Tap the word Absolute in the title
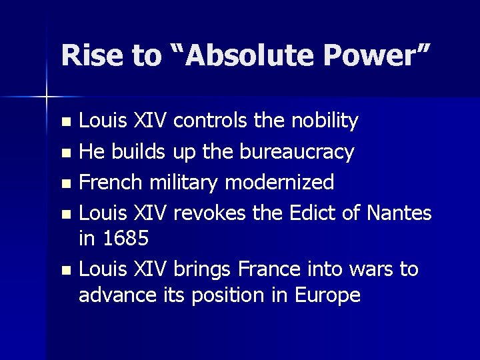pos(237,57)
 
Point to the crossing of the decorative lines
pos(47,97)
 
